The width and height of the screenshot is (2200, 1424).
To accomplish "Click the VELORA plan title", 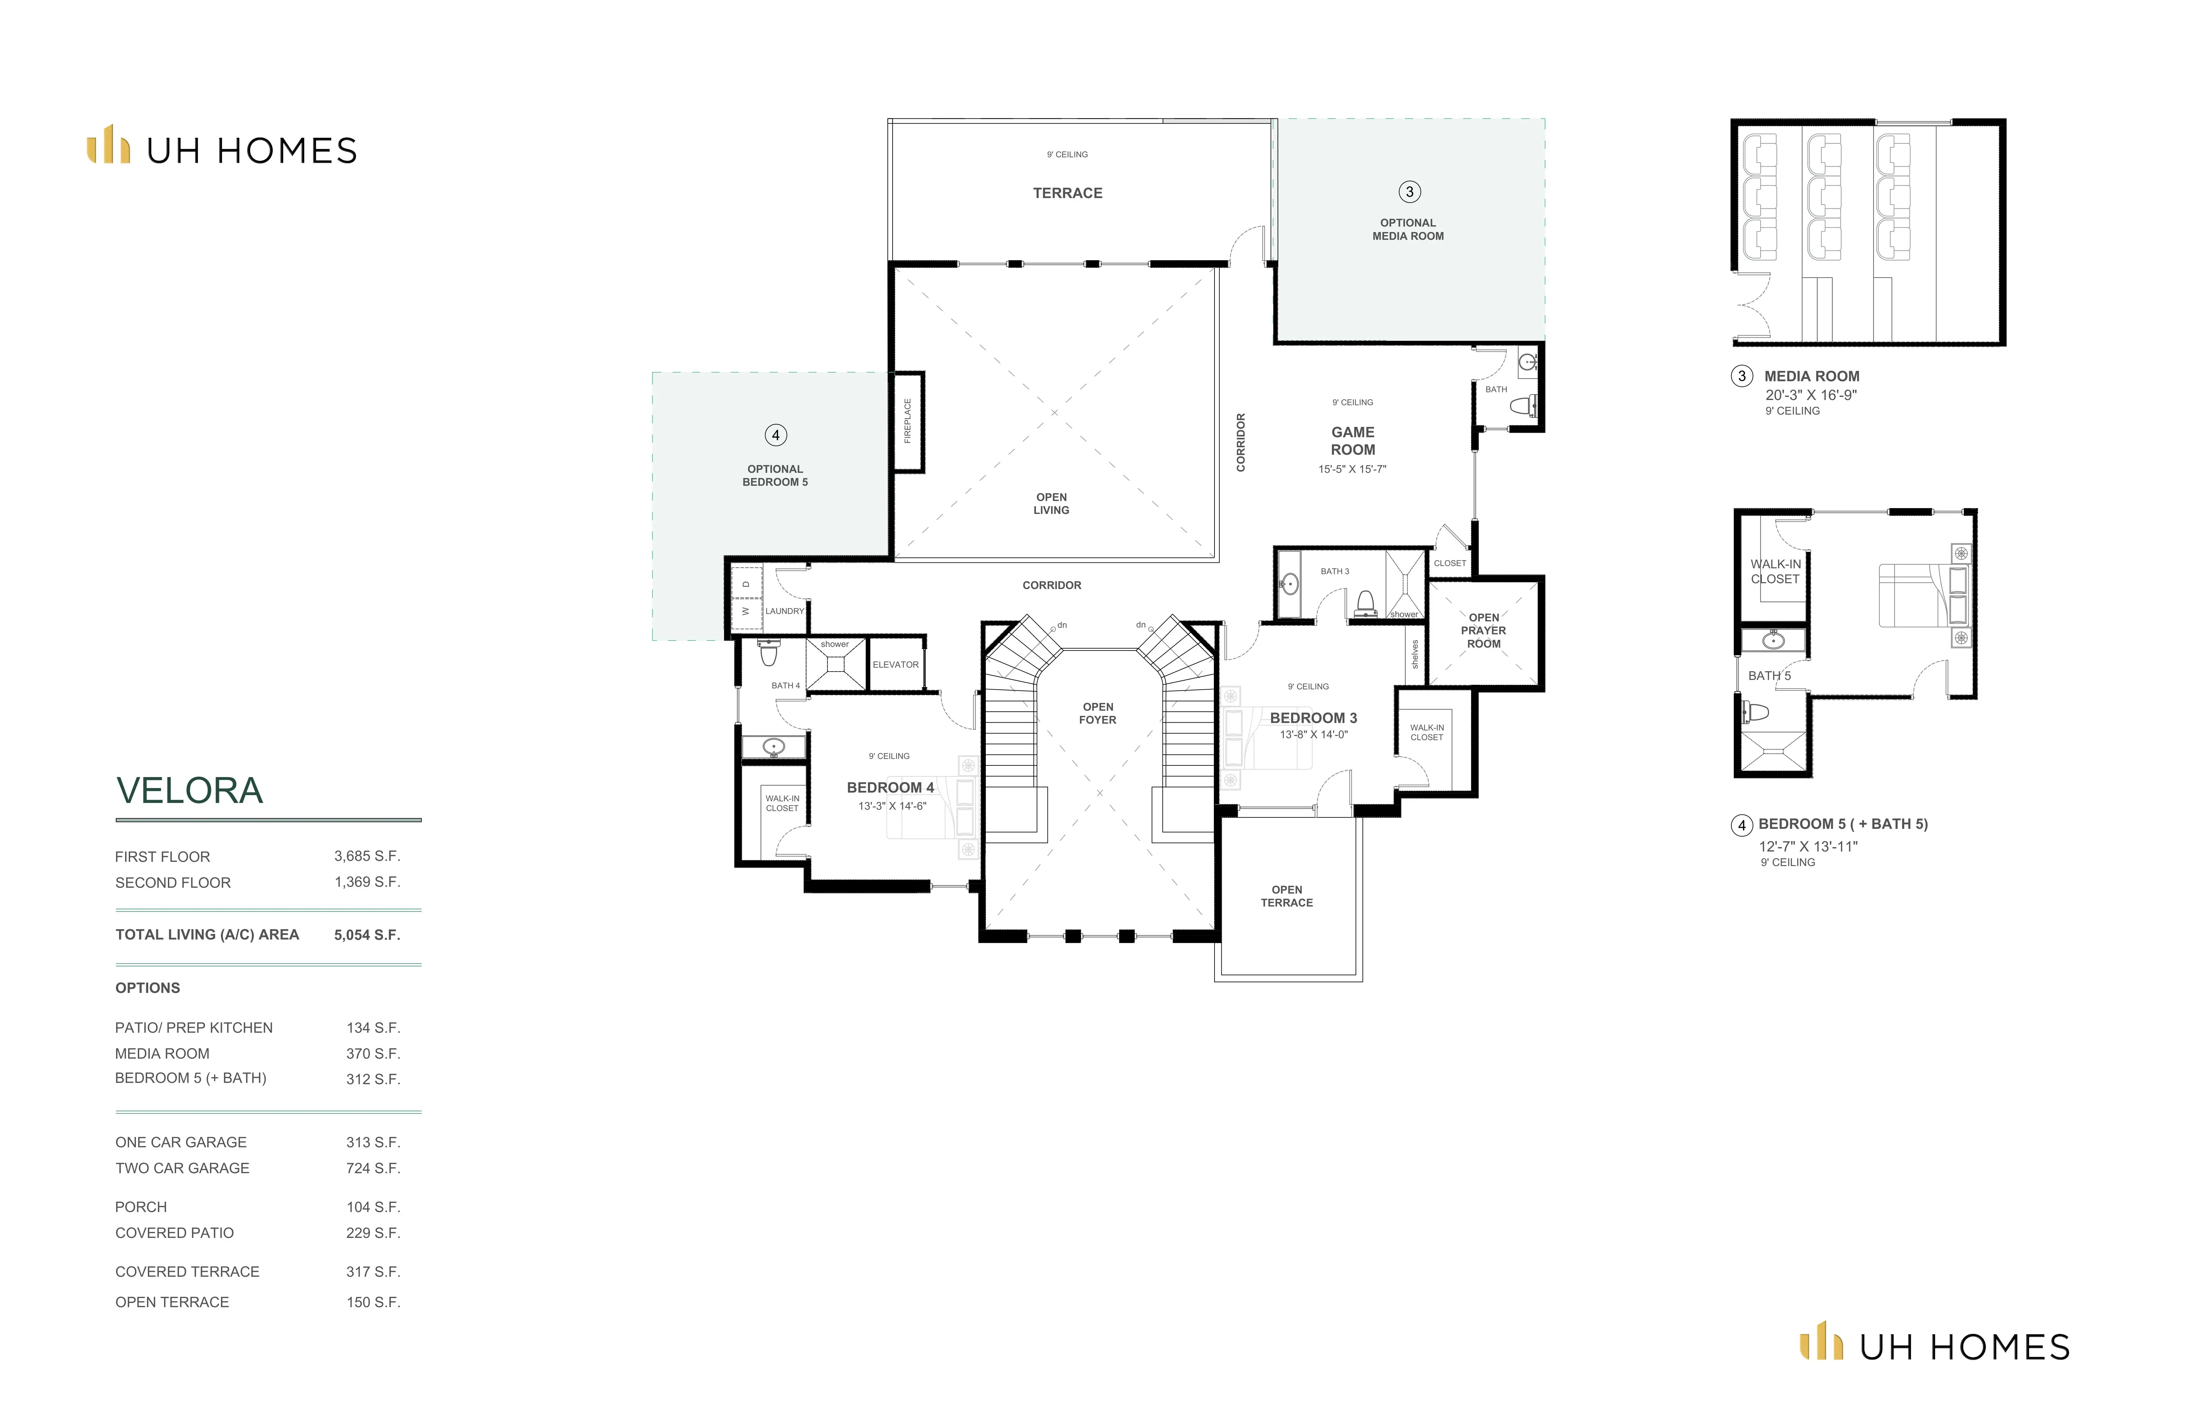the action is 190,791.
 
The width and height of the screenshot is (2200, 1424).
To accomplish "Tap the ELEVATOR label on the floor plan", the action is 896,665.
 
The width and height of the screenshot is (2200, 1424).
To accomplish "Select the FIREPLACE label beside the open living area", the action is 908,421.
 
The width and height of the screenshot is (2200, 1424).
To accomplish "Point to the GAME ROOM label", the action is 1353,441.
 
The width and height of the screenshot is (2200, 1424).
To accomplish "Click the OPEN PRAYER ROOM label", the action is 1484,631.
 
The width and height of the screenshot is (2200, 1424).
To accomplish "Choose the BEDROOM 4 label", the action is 890,788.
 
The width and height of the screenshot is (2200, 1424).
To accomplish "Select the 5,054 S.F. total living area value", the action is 367,935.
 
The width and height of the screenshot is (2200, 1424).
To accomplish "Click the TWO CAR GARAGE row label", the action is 182,1168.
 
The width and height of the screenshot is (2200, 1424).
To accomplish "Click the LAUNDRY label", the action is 785,611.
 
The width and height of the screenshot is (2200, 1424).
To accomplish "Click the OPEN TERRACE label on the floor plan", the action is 1287,896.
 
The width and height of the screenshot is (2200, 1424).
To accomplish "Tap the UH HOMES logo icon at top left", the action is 108,144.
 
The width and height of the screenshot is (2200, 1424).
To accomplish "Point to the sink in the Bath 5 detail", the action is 1772,640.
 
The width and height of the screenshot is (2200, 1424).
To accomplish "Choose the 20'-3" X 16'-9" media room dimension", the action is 1811,395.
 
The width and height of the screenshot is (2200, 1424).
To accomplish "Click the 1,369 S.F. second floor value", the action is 367,882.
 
